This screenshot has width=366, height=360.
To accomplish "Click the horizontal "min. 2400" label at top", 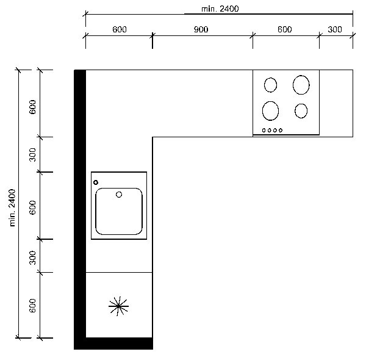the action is (x=220, y=9).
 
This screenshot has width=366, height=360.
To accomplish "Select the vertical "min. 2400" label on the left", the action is (x=12, y=208).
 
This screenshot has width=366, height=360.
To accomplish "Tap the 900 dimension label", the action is (x=201, y=29).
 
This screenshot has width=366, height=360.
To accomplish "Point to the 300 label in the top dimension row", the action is (x=335, y=29).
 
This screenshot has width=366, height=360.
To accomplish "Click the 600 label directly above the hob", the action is (x=284, y=29).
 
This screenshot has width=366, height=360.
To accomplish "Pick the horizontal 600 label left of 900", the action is (x=120, y=29).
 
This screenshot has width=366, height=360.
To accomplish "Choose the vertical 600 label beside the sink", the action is (x=33, y=207).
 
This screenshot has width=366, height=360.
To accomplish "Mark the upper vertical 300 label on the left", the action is (x=33, y=154).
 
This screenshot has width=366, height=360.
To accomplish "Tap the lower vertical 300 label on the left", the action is (x=33, y=257).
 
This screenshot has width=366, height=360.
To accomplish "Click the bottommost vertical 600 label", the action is (x=33, y=305).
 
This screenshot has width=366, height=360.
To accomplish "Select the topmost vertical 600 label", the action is (x=33, y=107).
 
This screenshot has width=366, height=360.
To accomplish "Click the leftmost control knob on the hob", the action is (x=264, y=131).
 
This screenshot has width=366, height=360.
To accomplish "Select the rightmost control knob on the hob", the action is (x=281, y=131).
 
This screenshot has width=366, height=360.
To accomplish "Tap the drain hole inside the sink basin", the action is (x=119, y=195).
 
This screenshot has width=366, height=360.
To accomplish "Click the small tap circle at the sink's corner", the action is (x=96, y=182).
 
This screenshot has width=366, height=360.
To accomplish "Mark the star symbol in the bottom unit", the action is (x=118, y=306).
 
